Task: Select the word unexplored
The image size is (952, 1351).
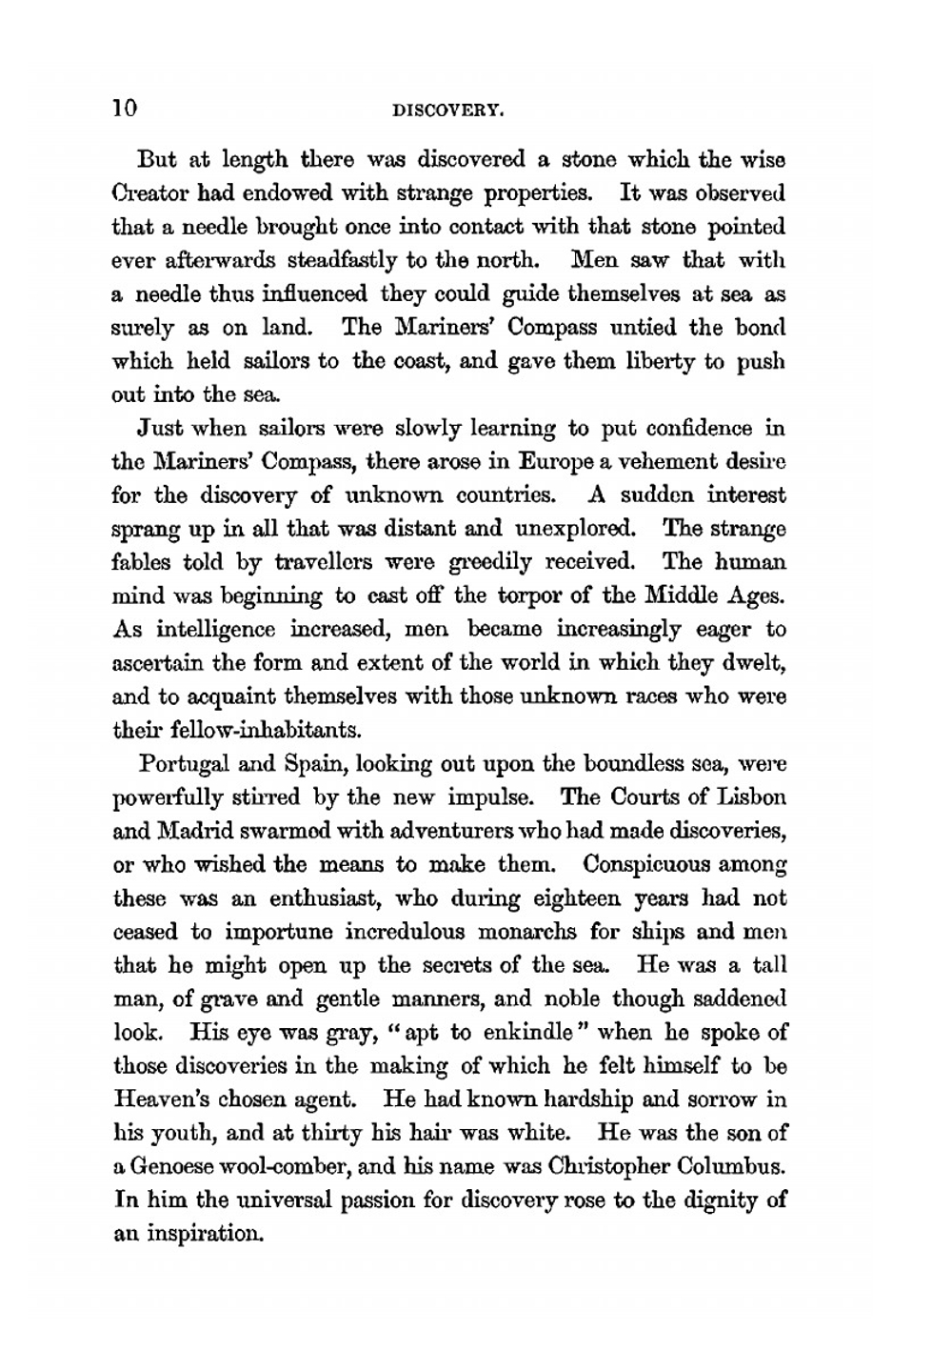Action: (x=575, y=529)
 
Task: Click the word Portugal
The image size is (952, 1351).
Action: (x=179, y=764)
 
